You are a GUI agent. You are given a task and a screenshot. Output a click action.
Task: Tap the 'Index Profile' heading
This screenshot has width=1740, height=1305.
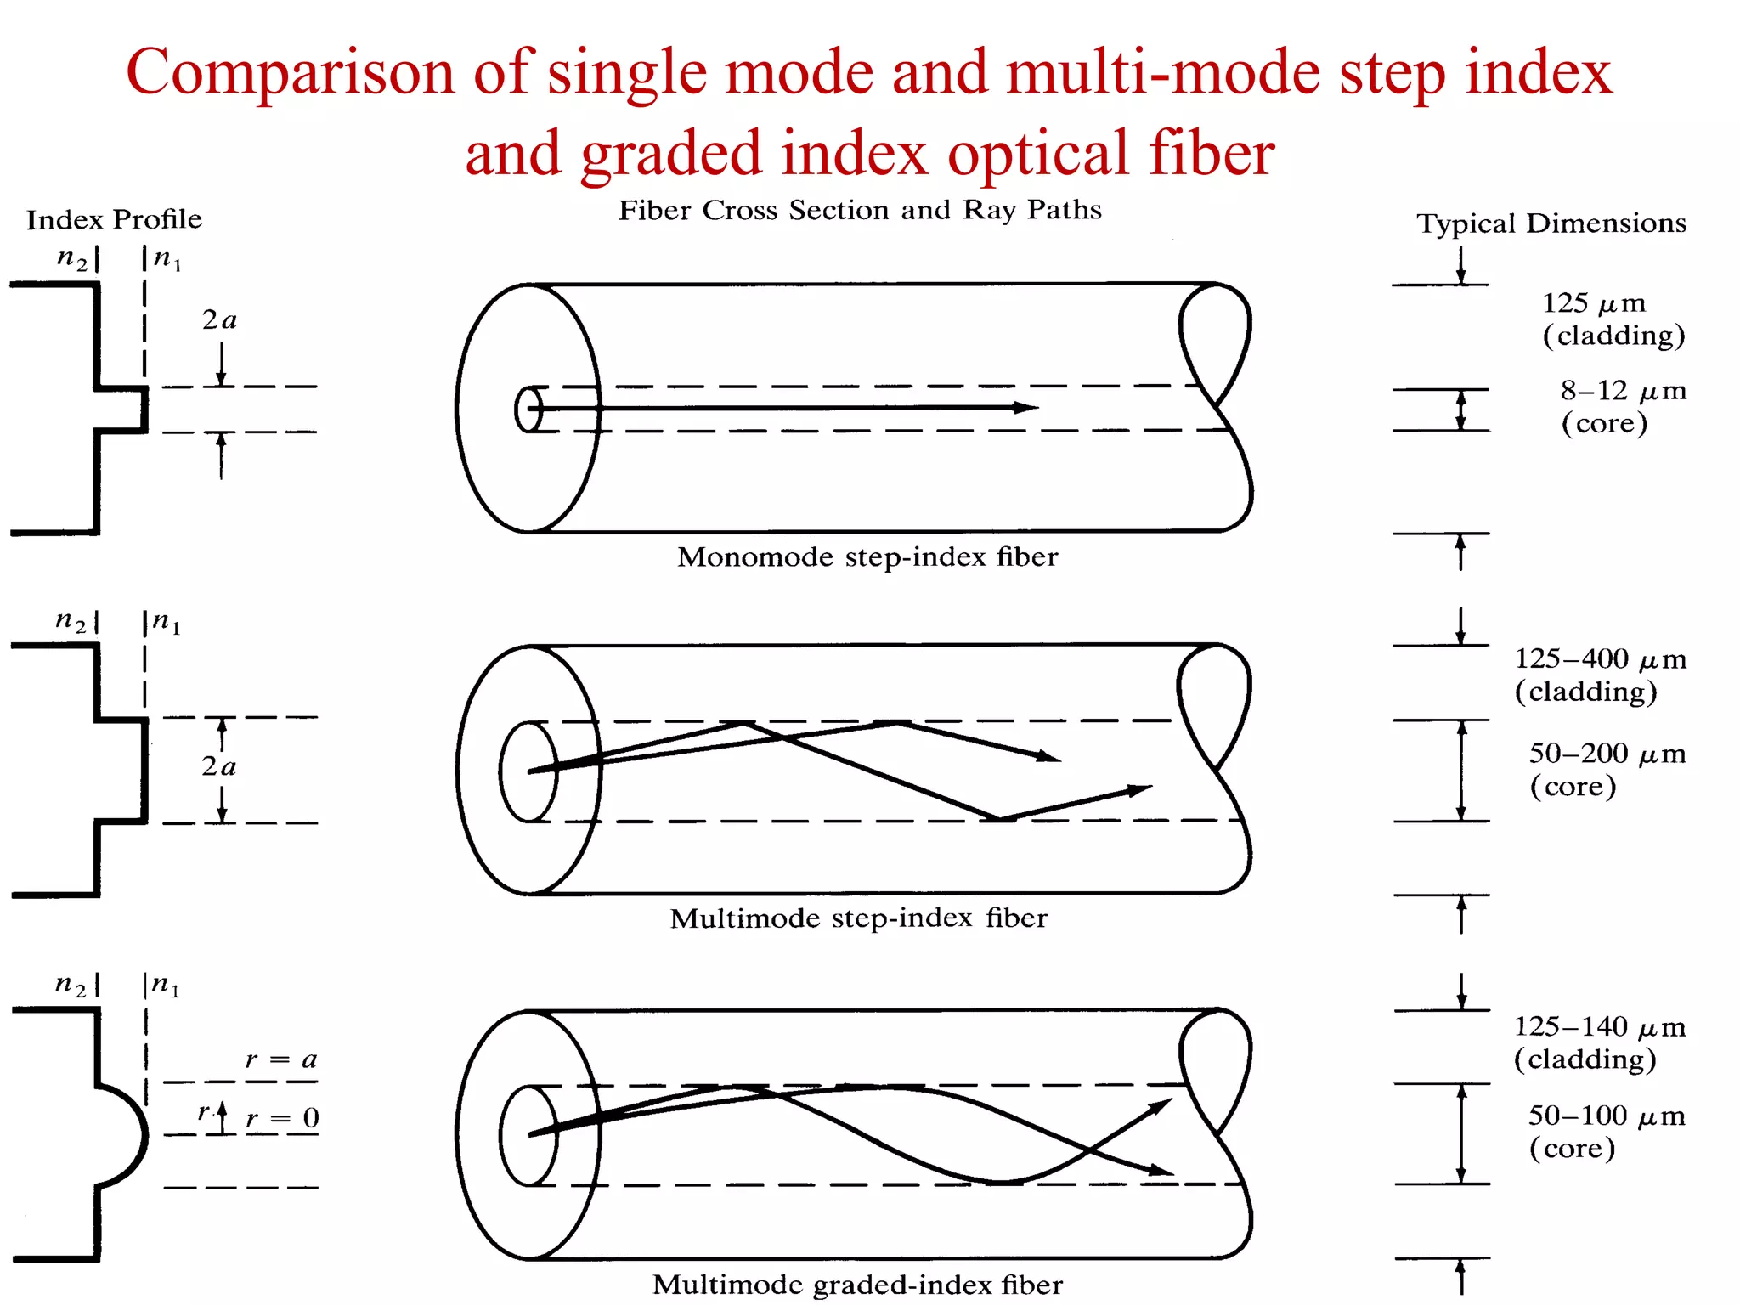(x=114, y=219)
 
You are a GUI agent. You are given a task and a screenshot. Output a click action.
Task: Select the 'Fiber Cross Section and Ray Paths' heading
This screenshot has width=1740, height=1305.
(x=860, y=210)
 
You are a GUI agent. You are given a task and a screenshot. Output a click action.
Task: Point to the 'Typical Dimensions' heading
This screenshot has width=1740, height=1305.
(x=1551, y=223)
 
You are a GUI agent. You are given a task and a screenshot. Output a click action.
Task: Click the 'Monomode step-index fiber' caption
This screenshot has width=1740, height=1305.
(x=867, y=557)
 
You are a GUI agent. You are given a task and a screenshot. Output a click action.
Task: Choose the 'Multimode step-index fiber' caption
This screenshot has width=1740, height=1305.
(x=858, y=918)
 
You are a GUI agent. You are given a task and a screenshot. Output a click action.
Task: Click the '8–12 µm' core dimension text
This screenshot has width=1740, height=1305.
(x=1623, y=391)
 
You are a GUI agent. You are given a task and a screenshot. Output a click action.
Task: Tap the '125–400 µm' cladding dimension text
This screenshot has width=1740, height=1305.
(x=1600, y=659)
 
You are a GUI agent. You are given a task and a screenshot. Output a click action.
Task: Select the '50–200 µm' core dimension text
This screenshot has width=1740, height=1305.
(x=1607, y=754)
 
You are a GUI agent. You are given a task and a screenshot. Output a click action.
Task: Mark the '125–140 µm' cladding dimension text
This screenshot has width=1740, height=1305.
(x=1599, y=1027)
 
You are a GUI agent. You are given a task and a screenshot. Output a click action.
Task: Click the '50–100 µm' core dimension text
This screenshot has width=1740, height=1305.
(x=1606, y=1116)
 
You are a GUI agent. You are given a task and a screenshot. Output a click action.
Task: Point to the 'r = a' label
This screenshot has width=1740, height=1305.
(x=281, y=1059)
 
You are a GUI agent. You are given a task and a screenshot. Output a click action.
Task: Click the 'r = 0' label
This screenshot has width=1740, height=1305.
(x=283, y=1118)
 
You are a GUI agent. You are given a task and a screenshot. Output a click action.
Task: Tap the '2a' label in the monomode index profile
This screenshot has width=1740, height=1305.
(x=219, y=320)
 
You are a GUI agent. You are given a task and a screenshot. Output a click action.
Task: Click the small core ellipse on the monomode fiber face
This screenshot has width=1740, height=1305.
(x=528, y=410)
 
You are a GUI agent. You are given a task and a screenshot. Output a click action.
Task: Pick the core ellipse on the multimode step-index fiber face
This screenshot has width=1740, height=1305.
(x=528, y=771)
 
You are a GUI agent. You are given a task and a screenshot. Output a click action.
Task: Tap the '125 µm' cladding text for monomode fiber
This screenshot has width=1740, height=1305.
(x=1593, y=303)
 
